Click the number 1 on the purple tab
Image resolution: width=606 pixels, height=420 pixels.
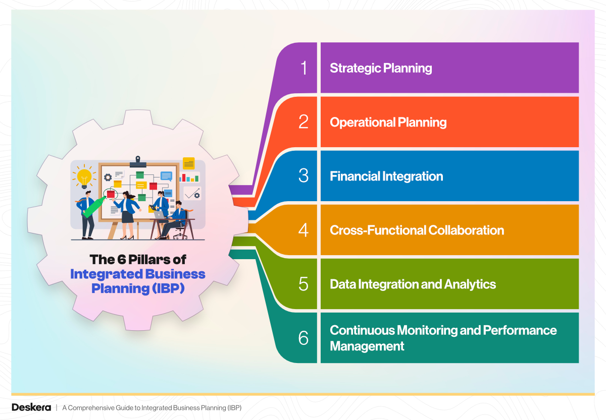click(x=304, y=68)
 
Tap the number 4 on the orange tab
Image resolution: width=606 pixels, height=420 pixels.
click(x=304, y=230)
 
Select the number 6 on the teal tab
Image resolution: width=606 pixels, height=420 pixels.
click(x=304, y=338)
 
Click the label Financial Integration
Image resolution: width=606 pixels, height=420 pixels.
click(x=386, y=176)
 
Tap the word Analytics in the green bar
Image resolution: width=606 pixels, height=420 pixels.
click(x=470, y=284)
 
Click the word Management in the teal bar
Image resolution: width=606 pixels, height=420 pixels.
click(x=367, y=346)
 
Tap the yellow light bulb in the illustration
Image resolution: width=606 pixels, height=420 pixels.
click(x=84, y=176)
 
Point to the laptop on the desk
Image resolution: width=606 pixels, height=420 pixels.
click(x=160, y=215)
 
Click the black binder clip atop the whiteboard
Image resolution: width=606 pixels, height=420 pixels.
click(x=137, y=161)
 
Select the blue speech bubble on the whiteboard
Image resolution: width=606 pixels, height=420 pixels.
click(x=166, y=176)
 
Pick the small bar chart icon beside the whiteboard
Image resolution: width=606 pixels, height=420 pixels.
click(x=189, y=177)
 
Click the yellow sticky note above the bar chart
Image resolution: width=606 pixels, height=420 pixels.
click(x=189, y=163)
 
